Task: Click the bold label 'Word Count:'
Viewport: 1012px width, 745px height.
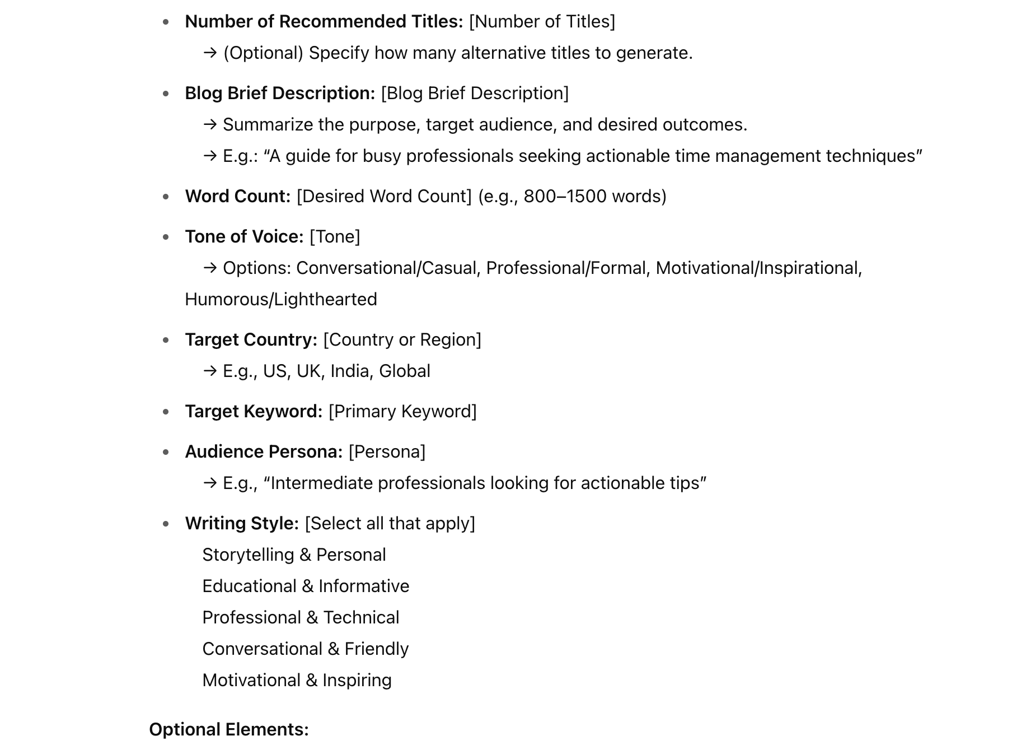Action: (x=238, y=196)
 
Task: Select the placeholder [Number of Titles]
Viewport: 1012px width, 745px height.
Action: (x=542, y=21)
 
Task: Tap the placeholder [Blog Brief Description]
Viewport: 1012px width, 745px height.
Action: (x=475, y=93)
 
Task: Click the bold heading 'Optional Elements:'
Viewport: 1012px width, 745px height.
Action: (x=229, y=729)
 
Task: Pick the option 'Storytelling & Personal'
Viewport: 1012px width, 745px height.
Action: (x=294, y=555)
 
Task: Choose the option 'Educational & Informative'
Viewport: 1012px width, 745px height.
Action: (x=306, y=586)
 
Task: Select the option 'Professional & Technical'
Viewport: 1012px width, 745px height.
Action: (x=301, y=617)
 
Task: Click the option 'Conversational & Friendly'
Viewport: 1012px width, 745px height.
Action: (x=305, y=649)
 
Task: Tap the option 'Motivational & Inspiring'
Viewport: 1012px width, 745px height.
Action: (x=297, y=680)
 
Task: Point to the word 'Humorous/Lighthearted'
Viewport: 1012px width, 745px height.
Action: (x=281, y=299)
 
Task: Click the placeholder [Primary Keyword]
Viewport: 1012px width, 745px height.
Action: (x=402, y=411)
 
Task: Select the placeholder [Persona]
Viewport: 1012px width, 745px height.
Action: (x=387, y=451)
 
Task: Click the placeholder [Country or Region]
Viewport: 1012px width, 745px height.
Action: (x=402, y=339)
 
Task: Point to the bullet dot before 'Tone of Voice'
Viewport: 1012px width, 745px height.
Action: (x=166, y=237)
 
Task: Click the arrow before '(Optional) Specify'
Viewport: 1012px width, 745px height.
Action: (x=210, y=53)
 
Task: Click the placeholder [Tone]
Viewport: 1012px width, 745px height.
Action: (x=335, y=236)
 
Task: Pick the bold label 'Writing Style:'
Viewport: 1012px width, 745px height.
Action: (x=242, y=523)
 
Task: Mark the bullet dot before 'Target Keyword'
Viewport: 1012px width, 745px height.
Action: (x=166, y=412)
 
